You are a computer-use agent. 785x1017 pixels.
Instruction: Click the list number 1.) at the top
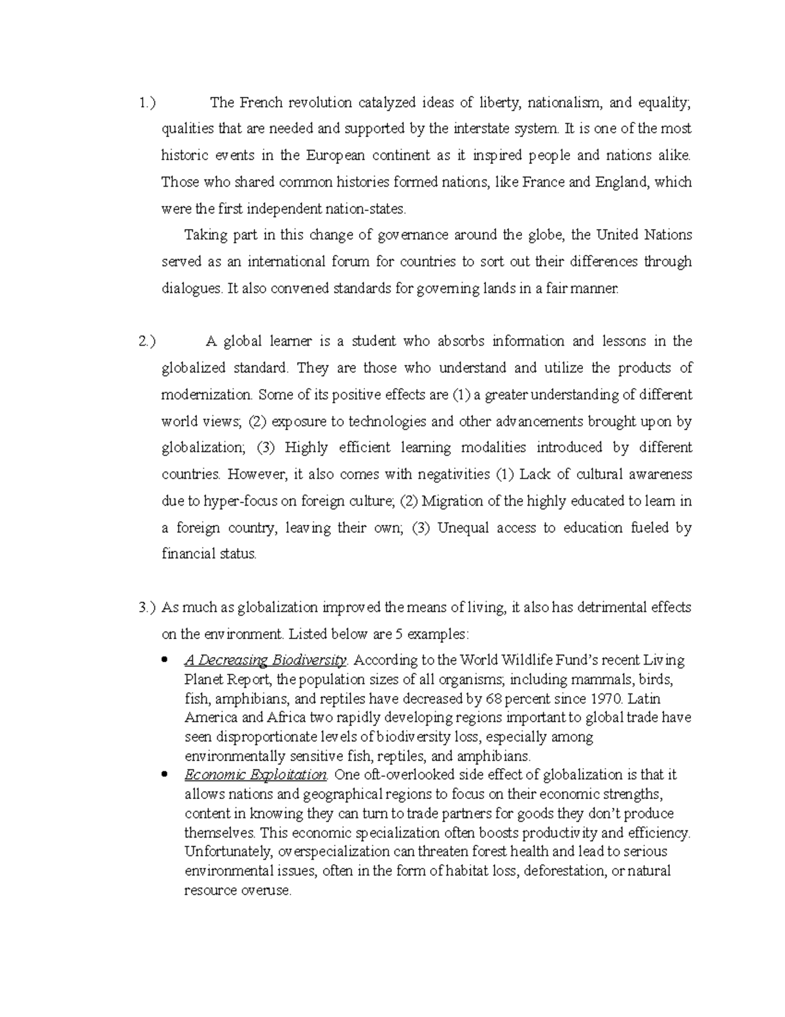(x=148, y=103)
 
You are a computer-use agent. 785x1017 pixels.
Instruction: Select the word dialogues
(x=191, y=289)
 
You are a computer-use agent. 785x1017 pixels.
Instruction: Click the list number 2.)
(x=148, y=341)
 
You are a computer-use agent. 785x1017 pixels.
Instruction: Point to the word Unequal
(x=462, y=528)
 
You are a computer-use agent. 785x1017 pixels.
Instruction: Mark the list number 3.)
(x=148, y=608)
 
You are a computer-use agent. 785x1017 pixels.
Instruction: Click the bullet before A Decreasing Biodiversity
(x=166, y=659)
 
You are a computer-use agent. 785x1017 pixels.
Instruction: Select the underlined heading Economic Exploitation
(x=256, y=775)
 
